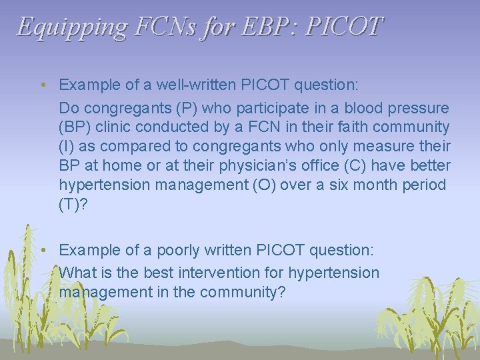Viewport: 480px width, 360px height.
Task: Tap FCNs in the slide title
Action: (155, 27)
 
